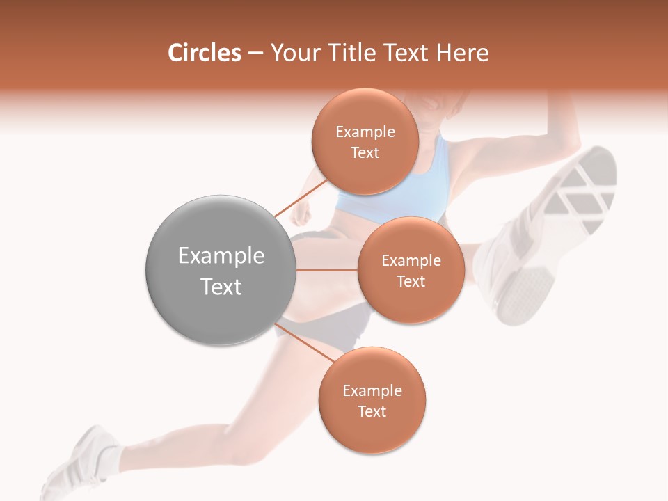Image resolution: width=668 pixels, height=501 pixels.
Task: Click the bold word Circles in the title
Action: pyautogui.click(x=204, y=53)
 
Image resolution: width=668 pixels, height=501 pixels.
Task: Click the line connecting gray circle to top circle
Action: pyautogui.click(x=301, y=198)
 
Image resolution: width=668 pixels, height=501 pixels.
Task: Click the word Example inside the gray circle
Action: pyautogui.click(x=221, y=256)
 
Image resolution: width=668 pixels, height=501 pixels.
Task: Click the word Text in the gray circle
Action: pyautogui.click(x=221, y=287)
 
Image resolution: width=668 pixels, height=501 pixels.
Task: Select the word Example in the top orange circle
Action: pyautogui.click(x=365, y=132)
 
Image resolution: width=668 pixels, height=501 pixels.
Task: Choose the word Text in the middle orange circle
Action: pyautogui.click(x=411, y=281)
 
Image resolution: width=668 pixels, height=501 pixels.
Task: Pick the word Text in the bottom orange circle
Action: pyautogui.click(x=372, y=411)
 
